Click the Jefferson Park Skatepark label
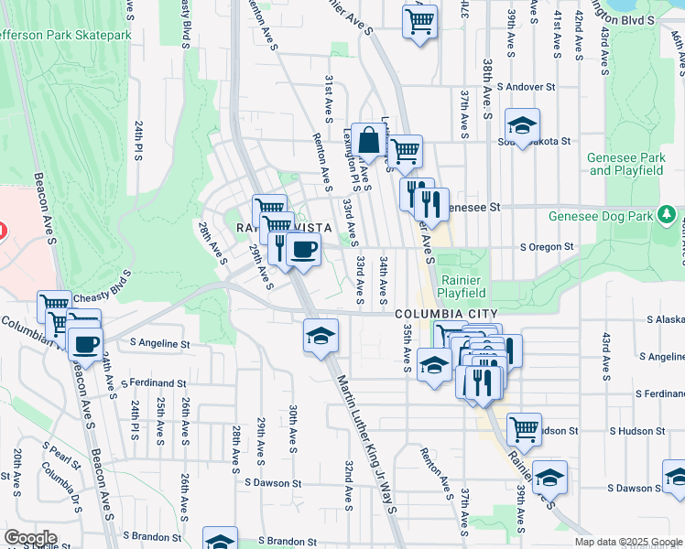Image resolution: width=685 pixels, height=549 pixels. [66, 35]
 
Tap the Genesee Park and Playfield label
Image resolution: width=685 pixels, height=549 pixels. [626, 164]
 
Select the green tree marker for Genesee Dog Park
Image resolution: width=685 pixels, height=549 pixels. [668, 216]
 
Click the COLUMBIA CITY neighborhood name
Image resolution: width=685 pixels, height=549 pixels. [439, 314]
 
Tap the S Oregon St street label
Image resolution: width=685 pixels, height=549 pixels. [547, 246]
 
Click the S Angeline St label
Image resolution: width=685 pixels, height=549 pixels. [159, 344]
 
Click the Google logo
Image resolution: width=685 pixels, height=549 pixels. [31, 538]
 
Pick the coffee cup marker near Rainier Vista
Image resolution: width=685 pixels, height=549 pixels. [303, 249]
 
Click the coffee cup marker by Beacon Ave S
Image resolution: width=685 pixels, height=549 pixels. [86, 346]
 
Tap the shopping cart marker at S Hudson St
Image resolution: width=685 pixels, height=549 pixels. [524, 428]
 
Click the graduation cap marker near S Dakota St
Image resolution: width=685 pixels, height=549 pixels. [522, 125]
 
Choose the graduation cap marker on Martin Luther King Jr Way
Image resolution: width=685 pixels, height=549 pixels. [321, 336]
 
